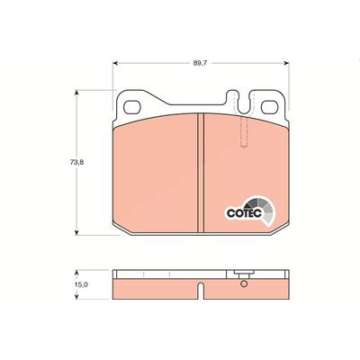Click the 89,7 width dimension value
tap(198, 63)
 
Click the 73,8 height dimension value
tap(76, 162)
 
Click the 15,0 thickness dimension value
tap(81, 284)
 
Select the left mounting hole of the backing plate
tap(132, 107)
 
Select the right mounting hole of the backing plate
tap(269, 107)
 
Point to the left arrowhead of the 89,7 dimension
tap(115, 63)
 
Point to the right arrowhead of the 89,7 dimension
tap(286, 63)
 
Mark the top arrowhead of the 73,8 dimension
tap(76, 93)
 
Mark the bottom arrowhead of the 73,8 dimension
tap(76, 232)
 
